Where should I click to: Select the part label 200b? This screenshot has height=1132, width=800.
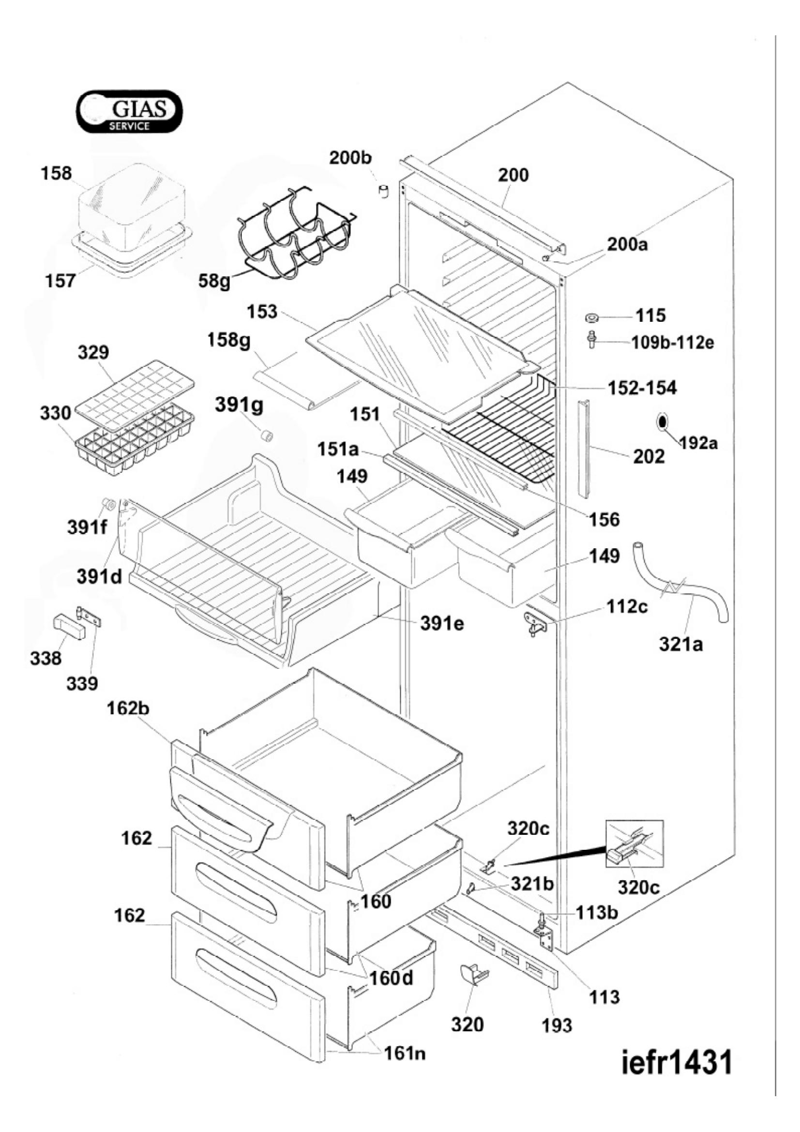click(350, 159)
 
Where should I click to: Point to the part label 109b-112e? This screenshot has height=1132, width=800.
click(673, 342)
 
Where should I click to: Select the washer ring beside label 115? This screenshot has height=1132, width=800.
click(592, 316)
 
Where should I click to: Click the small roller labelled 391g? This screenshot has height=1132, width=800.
click(267, 436)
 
